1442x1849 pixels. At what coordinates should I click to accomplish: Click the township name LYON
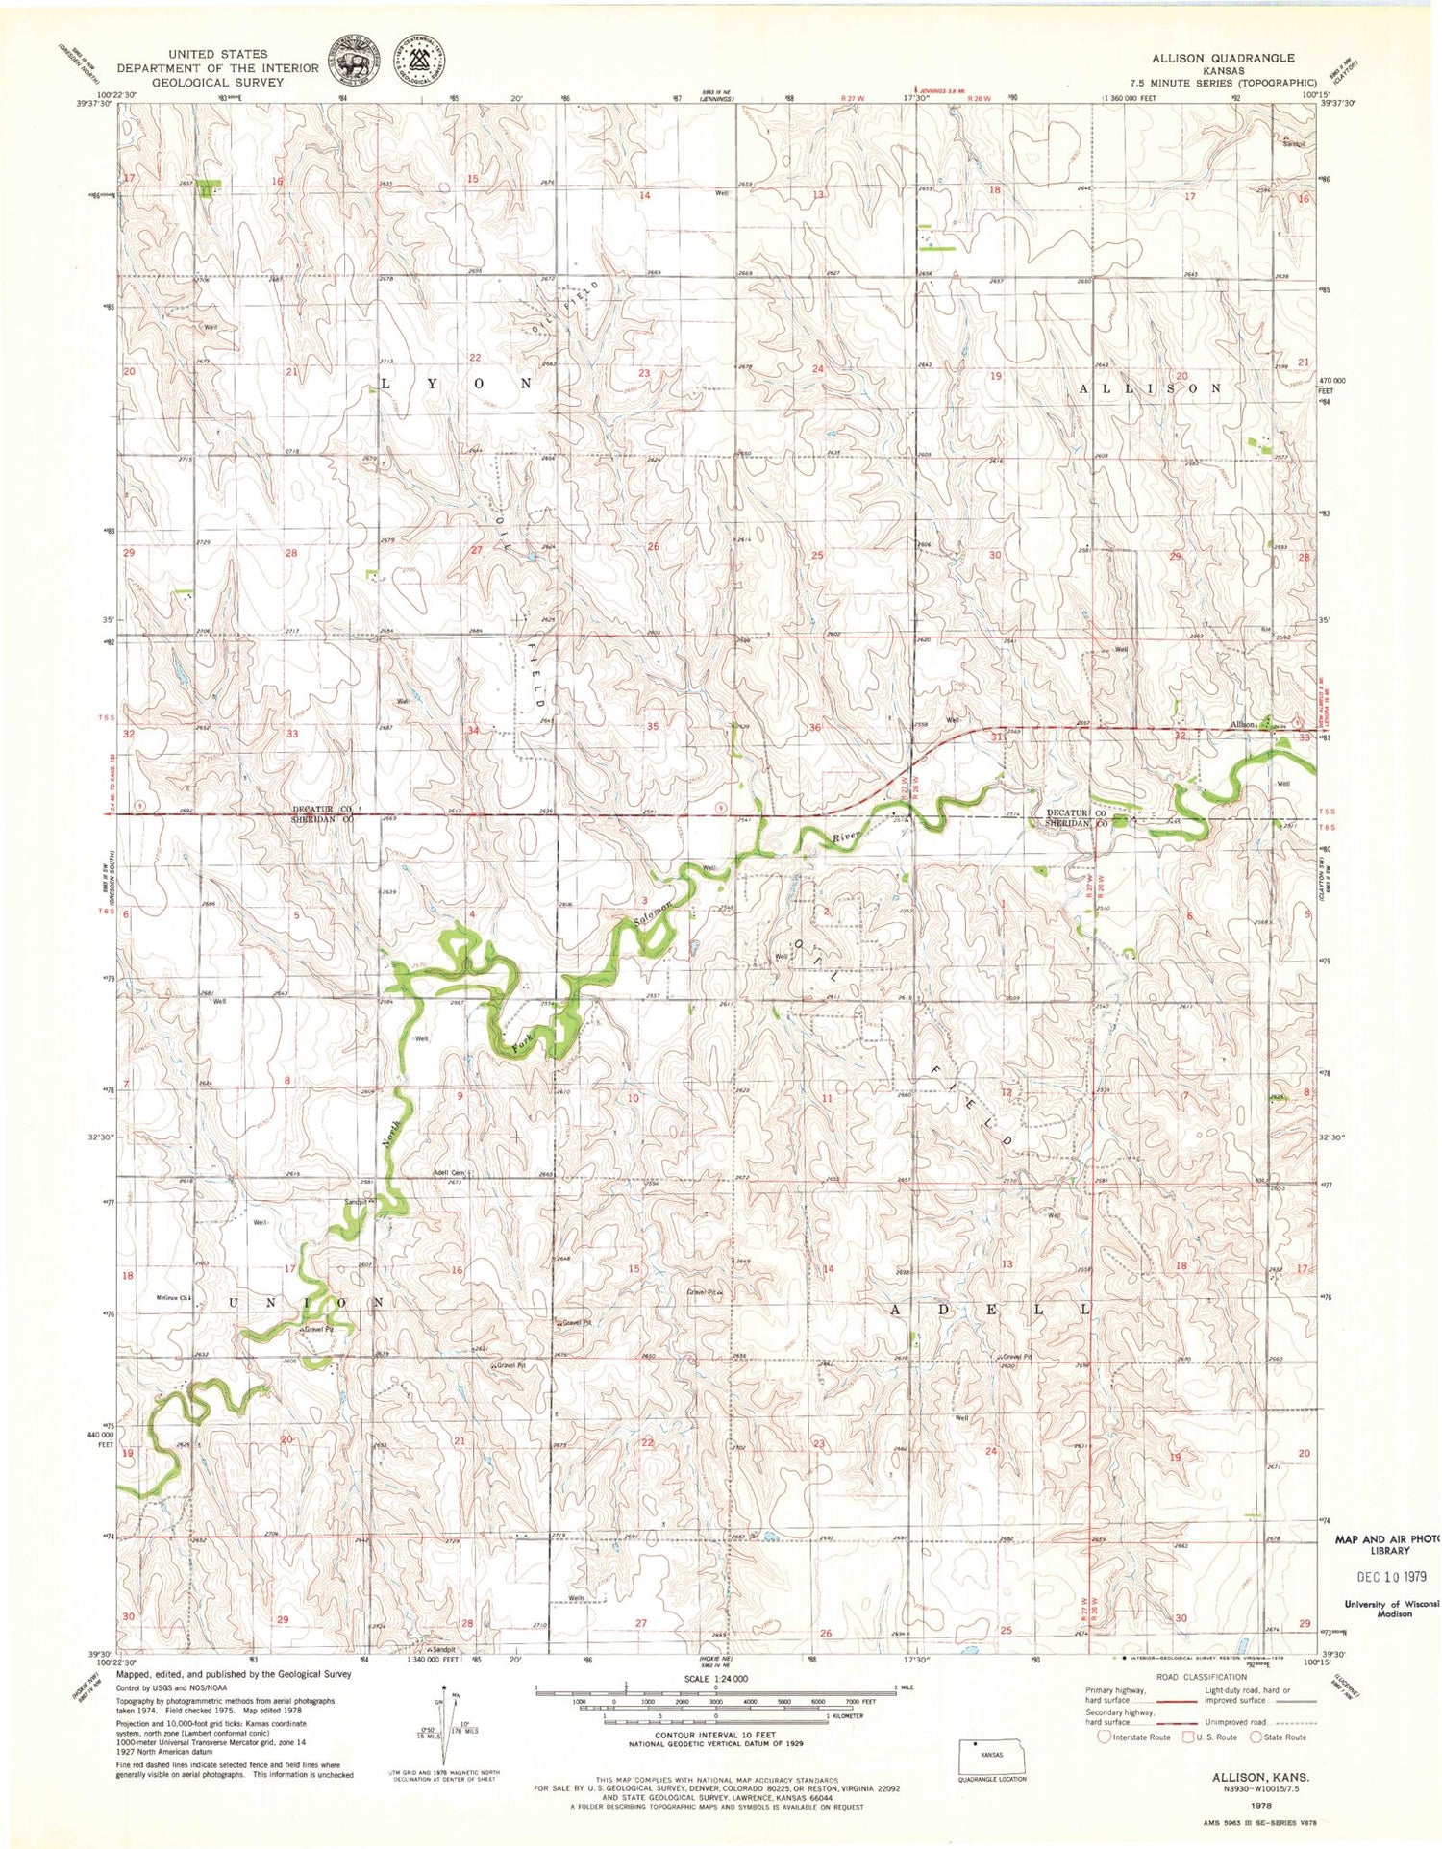[x=457, y=384]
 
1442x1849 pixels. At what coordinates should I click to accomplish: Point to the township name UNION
[x=305, y=1302]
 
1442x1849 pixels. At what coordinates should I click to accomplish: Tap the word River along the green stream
[x=844, y=837]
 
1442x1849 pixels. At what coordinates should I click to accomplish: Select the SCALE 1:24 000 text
[x=714, y=1678]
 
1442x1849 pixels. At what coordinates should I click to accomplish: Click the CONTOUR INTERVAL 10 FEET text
[x=715, y=1737]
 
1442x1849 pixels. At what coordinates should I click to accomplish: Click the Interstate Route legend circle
[x=1105, y=1737]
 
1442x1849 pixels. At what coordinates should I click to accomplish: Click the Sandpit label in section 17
[x=357, y=1202]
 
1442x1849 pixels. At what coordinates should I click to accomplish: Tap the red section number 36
[x=815, y=727]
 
